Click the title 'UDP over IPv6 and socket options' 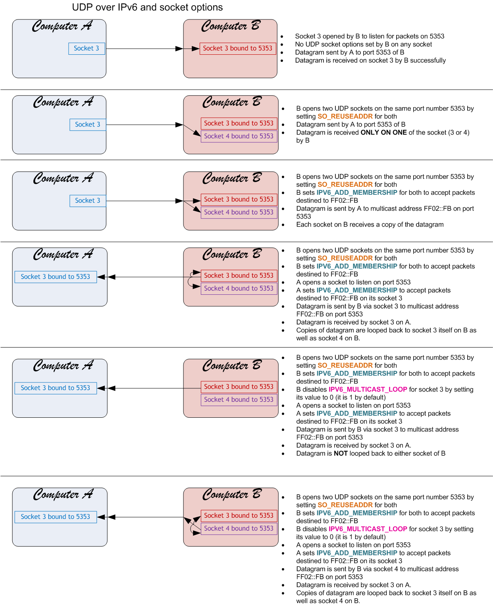click(x=147, y=7)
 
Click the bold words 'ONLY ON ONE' click(x=383, y=133)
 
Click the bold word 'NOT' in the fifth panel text click(x=341, y=453)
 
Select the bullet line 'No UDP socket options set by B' click(x=363, y=44)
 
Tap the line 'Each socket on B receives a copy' click(x=370, y=225)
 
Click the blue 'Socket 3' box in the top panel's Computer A click(x=87, y=48)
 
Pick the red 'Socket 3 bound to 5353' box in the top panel click(x=237, y=48)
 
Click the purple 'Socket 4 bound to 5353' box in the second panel click(x=239, y=136)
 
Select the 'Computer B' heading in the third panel click(x=232, y=179)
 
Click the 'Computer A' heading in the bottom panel click(x=63, y=494)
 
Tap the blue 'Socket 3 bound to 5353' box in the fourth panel click(x=56, y=277)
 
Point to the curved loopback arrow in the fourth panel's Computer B click(x=189, y=282)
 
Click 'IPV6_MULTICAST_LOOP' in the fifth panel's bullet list click(x=368, y=390)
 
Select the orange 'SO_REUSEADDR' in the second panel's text click(x=345, y=117)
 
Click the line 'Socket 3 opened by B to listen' click(x=369, y=36)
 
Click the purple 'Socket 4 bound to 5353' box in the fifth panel click(x=239, y=399)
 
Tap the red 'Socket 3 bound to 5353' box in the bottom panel click(x=239, y=515)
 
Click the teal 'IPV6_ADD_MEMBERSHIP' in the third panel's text click(x=356, y=193)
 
